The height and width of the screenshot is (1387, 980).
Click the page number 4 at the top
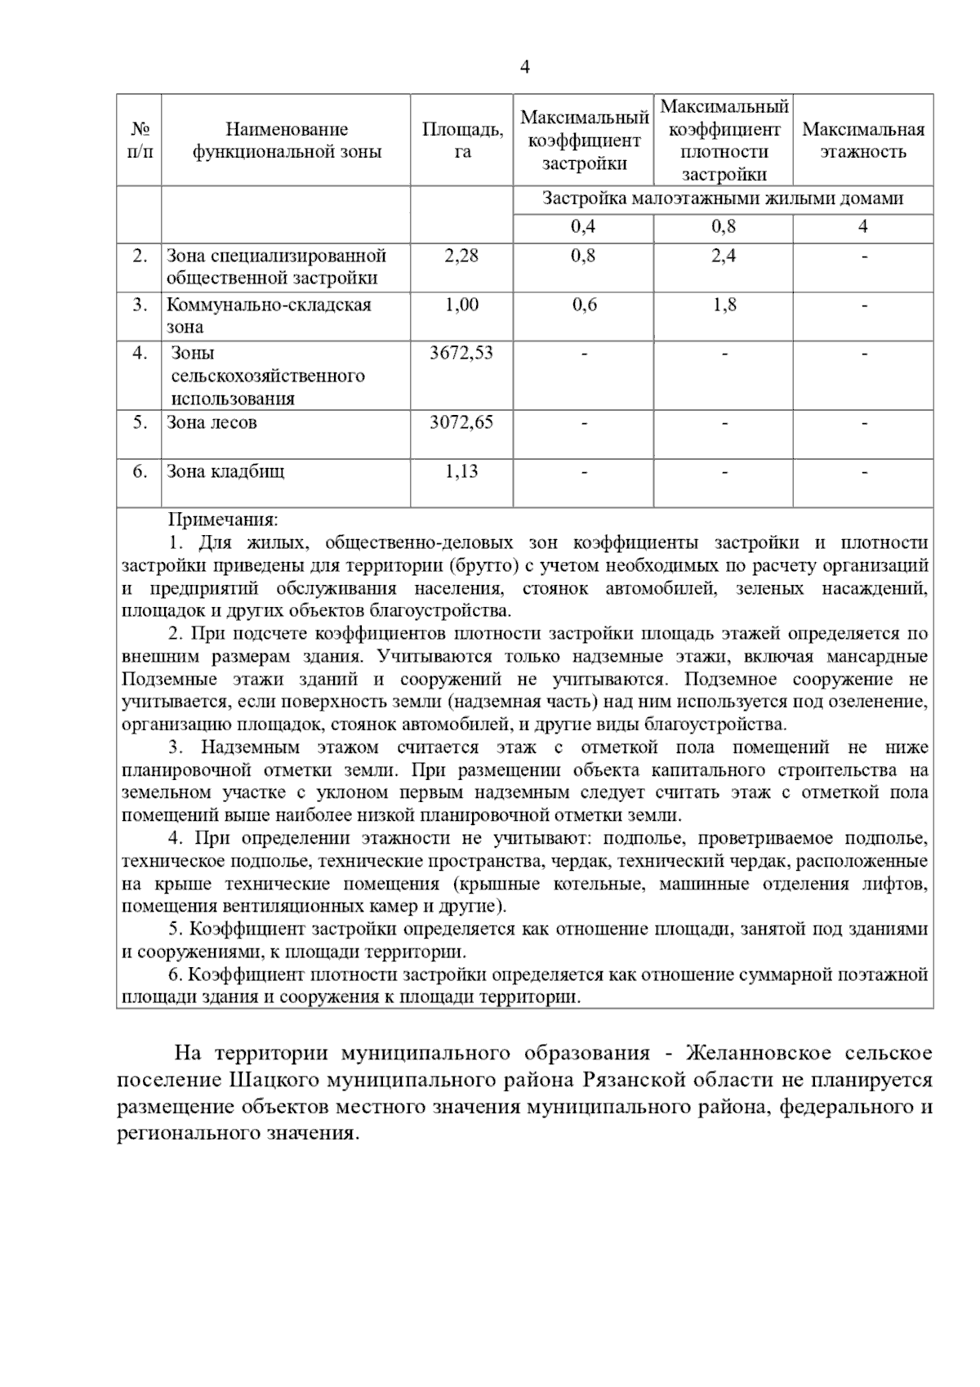525,68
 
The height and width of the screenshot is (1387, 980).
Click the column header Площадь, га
462,140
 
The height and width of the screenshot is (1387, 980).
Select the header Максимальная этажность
863,140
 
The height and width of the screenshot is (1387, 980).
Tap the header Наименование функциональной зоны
287,140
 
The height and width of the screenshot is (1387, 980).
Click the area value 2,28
461,256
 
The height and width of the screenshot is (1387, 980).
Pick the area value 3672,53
461,354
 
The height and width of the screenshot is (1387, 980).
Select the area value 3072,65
461,423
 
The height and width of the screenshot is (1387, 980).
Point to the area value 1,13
461,472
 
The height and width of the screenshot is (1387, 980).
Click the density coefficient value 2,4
723,256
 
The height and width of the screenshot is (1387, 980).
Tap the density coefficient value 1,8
723,305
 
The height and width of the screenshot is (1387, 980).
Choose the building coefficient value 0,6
584,305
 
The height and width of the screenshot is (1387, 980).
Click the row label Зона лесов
212,423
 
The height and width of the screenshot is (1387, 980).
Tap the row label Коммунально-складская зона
268,315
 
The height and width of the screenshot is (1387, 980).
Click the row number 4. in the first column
140,354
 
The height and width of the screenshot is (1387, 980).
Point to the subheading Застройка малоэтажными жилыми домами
723,199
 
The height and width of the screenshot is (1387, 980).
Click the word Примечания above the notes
223,520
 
